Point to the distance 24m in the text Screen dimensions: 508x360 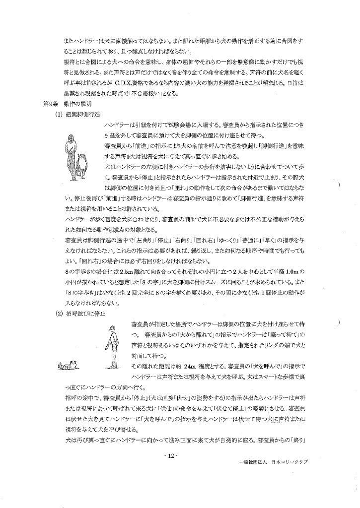(x=190, y=366)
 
